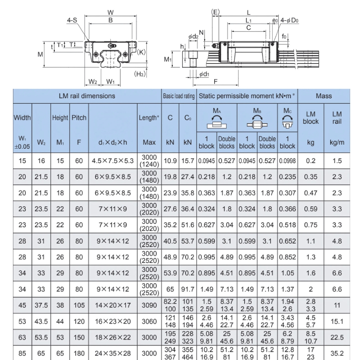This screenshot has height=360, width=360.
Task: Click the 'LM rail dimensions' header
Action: [87, 96]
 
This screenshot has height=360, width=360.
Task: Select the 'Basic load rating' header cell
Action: [179, 96]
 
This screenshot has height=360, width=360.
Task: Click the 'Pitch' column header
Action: [79, 118]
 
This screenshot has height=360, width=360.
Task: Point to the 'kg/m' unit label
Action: [337, 142]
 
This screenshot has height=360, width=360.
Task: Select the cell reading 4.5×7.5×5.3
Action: [113, 161]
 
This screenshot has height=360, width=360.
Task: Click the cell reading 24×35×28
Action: [113, 354]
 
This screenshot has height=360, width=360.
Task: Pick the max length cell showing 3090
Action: [149, 305]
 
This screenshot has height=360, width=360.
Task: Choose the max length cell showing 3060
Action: [149, 321]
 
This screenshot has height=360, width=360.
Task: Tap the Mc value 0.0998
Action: [287, 161]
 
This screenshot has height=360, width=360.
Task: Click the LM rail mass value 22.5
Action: [337, 337]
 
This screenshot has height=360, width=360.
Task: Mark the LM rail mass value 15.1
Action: [337, 321]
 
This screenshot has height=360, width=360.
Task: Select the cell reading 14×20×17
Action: [113, 305]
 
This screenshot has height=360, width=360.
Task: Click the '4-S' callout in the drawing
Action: [72, 21]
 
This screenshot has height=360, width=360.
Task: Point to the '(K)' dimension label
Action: [141, 52]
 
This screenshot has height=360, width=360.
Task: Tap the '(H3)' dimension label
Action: [140, 74]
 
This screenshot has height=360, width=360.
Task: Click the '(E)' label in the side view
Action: [215, 12]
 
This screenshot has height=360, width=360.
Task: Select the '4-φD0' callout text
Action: [290, 21]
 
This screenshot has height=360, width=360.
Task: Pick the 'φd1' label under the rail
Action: [204, 74]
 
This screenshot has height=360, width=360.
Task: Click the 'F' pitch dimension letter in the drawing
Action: [216, 82]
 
